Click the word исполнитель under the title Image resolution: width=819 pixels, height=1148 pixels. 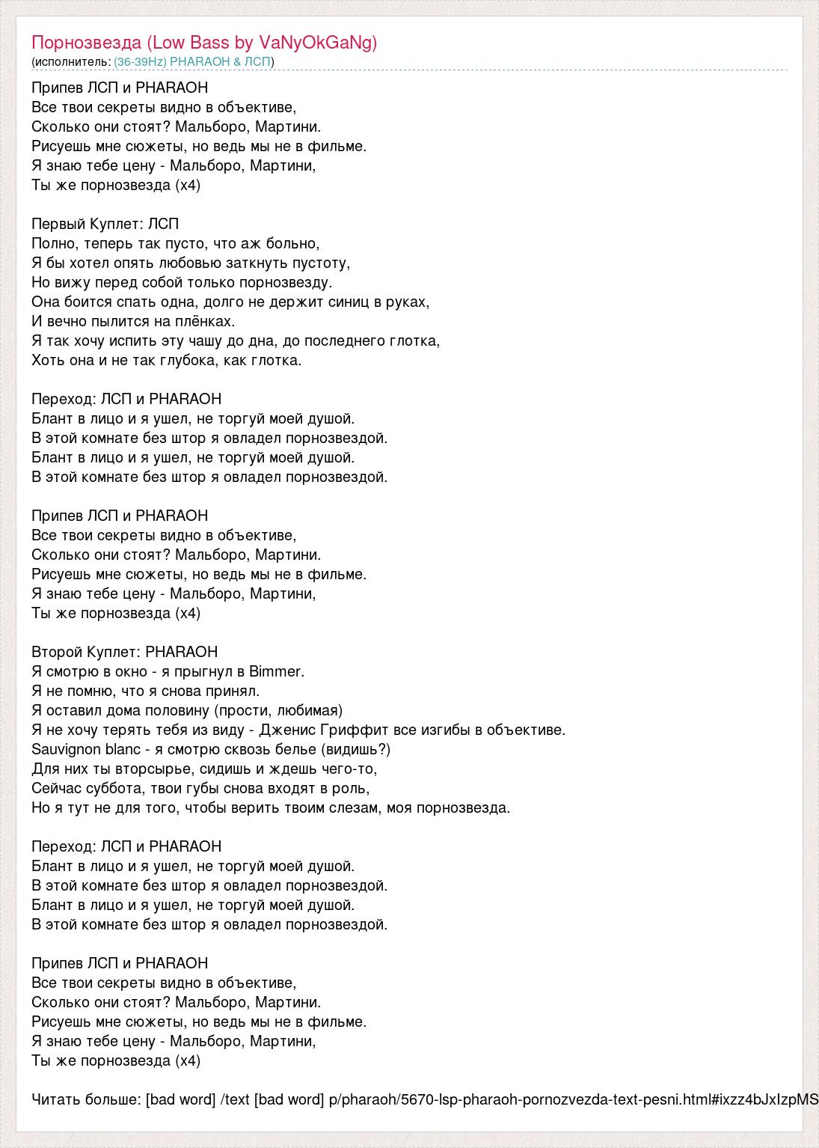[x=72, y=61]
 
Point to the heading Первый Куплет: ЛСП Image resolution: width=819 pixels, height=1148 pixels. [x=105, y=224]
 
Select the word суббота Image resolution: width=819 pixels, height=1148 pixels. [x=113, y=788]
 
